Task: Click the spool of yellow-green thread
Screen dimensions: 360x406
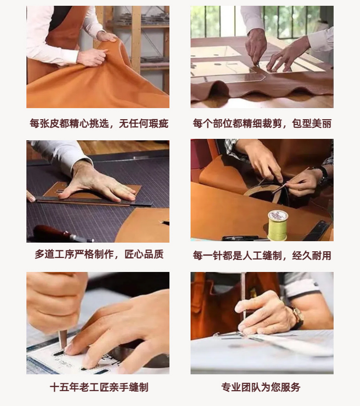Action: [277, 225]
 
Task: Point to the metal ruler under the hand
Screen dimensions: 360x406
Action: [93, 201]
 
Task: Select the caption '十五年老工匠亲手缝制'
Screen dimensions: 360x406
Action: [99, 387]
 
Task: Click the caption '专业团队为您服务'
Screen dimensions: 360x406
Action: [261, 387]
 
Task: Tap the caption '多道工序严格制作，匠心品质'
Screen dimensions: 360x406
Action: [99, 254]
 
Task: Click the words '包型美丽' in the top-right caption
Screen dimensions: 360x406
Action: [312, 123]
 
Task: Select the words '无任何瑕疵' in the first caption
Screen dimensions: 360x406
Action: [144, 123]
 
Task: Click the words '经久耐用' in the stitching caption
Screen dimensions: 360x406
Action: [312, 256]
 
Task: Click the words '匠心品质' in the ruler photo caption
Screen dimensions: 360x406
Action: [144, 254]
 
